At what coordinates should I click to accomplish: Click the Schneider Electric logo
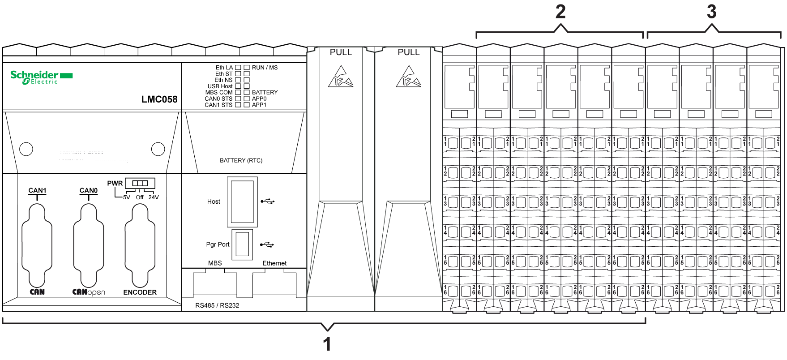(x=41, y=77)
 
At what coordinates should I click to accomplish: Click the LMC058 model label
(x=159, y=99)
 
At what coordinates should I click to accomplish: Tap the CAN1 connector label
(x=37, y=190)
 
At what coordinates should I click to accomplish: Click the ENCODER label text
(x=140, y=292)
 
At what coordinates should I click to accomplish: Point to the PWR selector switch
(x=140, y=183)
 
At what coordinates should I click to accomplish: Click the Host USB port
(x=242, y=202)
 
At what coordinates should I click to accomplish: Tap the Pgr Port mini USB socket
(x=242, y=244)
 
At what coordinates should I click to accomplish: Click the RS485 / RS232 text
(x=217, y=305)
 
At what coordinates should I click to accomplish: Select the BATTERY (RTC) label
(x=241, y=160)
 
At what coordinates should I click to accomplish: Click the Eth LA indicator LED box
(x=238, y=68)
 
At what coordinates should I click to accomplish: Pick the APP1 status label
(x=259, y=105)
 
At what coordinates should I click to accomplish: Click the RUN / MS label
(x=265, y=68)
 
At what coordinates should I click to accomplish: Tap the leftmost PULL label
(x=341, y=52)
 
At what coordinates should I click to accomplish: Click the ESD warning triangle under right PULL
(x=408, y=77)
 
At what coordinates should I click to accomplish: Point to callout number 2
(x=560, y=12)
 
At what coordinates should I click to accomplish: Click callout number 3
(x=712, y=12)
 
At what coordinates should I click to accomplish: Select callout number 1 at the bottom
(x=327, y=344)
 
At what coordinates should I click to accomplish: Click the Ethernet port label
(x=274, y=263)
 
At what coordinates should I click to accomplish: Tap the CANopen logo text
(x=89, y=292)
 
